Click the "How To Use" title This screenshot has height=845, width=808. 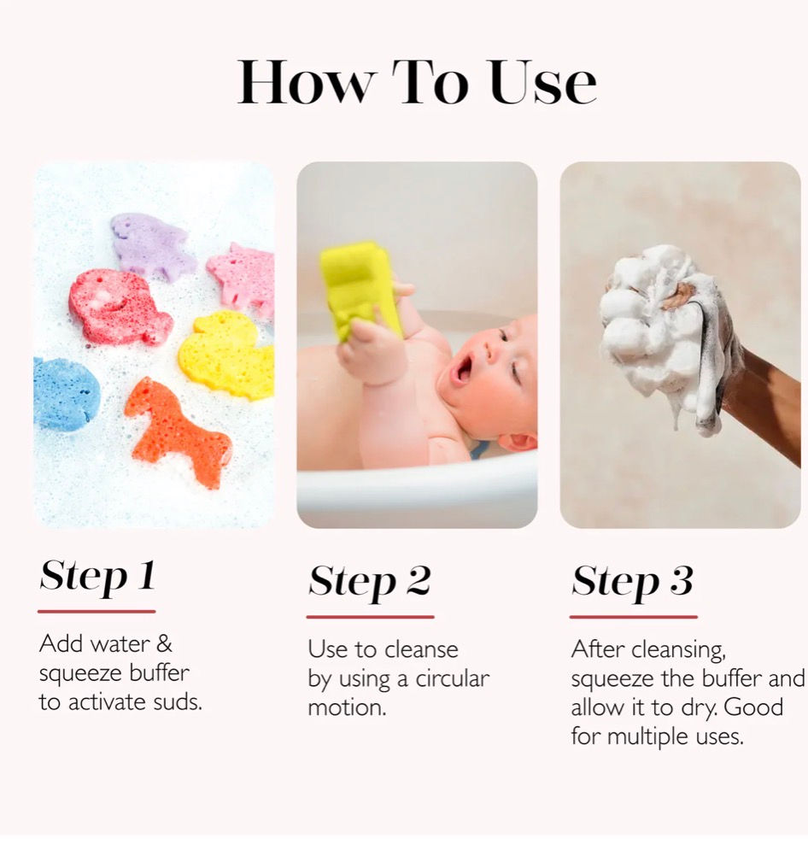click(417, 82)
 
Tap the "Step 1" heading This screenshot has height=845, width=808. click(97, 577)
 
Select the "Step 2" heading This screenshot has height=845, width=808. click(370, 582)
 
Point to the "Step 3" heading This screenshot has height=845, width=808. click(632, 582)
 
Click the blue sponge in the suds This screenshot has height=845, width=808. click(65, 393)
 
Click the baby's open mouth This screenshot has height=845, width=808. click(463, 369)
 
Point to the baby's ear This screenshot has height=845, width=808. click(517, 441)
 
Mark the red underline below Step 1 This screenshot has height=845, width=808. click(97, 612)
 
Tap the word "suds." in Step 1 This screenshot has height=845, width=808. click(178, 702)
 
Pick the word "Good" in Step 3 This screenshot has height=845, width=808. click(753, 707)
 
